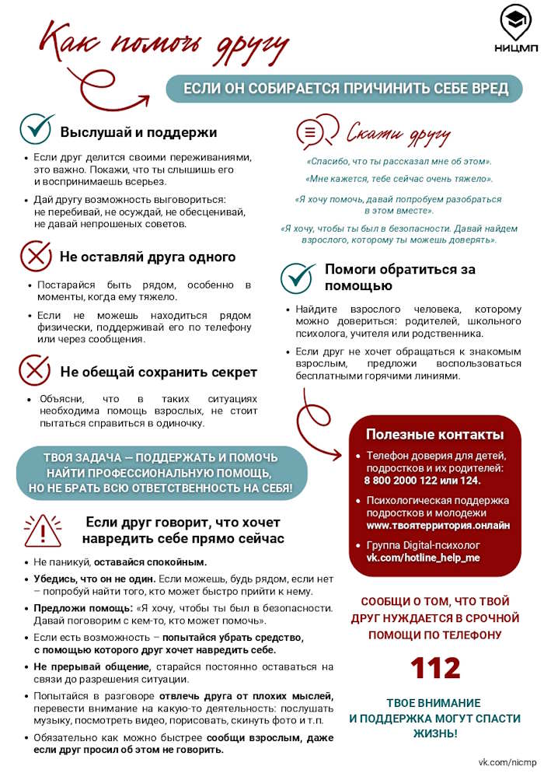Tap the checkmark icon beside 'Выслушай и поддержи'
pyautogui.click(x=36, y=130)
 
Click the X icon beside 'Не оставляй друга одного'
pyautogui.click(x=36, y=256)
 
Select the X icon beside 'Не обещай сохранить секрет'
pyautogui.click(x=36, y=370)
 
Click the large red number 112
pyautogui.click(x=435, y=667)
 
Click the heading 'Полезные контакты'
pyautogui.click(x=434, y=434)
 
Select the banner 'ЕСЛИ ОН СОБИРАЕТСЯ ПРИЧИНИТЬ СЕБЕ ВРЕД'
pyautogui.click(x=346, y=89)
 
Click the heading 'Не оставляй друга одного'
pyautogui.click(x=148, y=257)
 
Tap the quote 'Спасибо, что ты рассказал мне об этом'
pyautogui.click(x=399, y=162)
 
